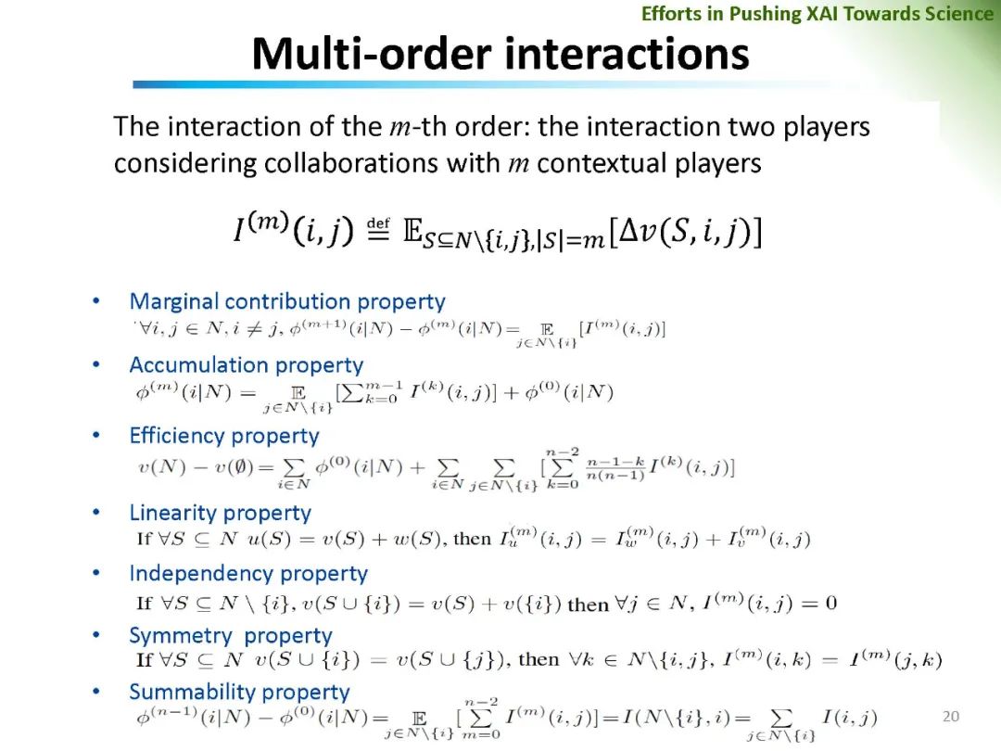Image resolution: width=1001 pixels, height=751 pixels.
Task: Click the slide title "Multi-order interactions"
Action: (x=500, y=53)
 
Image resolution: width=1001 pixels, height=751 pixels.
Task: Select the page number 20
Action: (x=950, y=716)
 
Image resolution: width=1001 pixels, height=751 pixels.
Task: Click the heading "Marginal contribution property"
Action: (x=287, y=301)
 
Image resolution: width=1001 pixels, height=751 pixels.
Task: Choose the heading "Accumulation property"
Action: (x=246, y=365)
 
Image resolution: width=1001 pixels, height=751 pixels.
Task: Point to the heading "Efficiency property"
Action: (x=224, y=436)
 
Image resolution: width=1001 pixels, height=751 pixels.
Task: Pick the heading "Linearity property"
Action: (x=221, y=513)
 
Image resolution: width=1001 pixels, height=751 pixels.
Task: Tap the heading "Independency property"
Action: (x=248, y=574)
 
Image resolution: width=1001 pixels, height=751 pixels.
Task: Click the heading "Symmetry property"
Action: (x=231, y=636)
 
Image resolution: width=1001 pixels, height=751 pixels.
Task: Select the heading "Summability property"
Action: (x=239, y=692)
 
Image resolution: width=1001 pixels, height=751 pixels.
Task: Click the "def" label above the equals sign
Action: (x=378, y=223)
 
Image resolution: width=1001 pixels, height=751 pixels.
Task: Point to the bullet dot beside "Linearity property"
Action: (x=96, y=513)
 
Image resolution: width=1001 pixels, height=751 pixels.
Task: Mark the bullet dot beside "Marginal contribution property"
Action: (x=96, y=302)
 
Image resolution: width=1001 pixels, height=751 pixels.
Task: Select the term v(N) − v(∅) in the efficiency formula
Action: (x=184, y=468)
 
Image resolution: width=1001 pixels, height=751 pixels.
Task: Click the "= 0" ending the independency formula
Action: (x=818, y=604)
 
